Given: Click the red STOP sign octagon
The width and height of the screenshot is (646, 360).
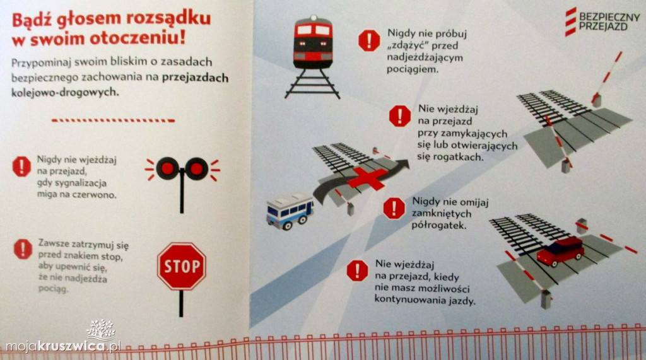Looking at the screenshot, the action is click(x=181, y=266).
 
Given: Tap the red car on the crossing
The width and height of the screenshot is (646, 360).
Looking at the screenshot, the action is click(x=561, y=251).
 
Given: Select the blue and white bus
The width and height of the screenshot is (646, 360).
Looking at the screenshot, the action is click(x=290, y=211).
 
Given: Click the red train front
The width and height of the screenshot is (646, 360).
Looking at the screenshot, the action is click(x=313, y=42).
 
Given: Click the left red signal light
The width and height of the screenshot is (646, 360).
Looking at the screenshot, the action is click(x=167, y=168).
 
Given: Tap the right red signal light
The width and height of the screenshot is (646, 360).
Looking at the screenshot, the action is click(x=196, y=168).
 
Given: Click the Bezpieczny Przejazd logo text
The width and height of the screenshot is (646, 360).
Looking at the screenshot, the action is click(x=609, y=22).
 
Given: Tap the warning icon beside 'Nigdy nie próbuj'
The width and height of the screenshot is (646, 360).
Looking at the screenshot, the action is click(x=369, y=40).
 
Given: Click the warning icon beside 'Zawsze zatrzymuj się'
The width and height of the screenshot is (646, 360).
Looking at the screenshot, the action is click(x=23, y=249).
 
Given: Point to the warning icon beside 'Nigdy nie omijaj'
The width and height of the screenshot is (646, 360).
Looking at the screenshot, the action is click(x=394, y=208).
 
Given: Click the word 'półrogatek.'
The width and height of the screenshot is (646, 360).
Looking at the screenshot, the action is click(x=439, y=225).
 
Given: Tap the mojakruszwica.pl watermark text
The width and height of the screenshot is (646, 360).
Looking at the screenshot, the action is click(x=63, y=346).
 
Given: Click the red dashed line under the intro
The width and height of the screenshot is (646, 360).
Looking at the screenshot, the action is click(x=114, y=120).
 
